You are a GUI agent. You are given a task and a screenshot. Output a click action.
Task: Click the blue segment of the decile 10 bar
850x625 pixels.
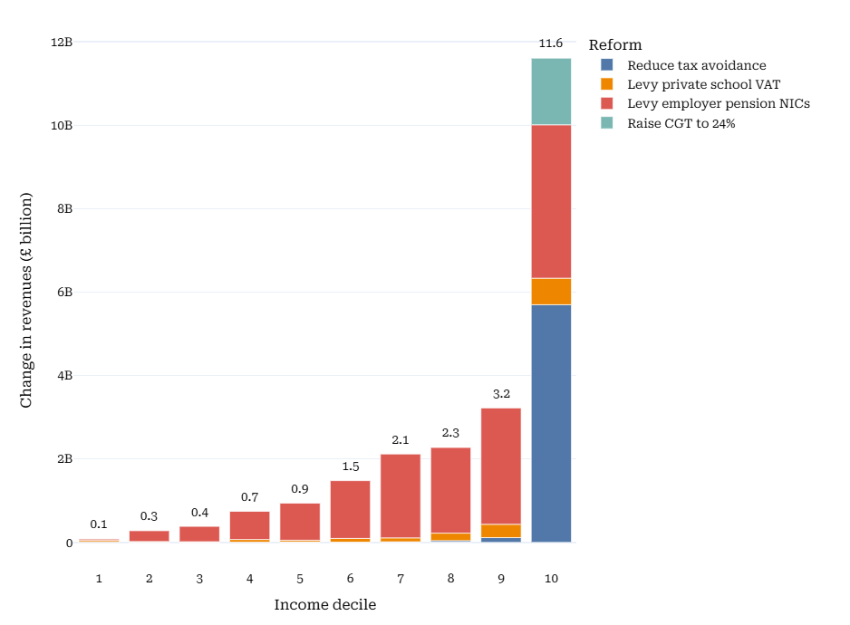pos(551,423)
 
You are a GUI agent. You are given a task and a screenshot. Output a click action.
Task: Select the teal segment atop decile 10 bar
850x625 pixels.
pos(551,91)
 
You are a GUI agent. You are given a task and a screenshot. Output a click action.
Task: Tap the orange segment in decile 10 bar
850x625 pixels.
pos(551,292)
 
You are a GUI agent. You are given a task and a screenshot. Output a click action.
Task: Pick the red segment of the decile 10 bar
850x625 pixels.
pos(551,201)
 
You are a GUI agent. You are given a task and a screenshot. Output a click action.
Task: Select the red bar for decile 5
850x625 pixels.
pos(300,521)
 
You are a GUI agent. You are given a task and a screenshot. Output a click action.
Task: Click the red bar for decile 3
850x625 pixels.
pos(199,534)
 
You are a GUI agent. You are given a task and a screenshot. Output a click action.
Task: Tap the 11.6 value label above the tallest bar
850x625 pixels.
pos(551,43)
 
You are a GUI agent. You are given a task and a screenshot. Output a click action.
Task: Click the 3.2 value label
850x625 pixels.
pos(501,394)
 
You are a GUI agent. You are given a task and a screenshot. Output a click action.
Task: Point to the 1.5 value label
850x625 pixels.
pos(351,466)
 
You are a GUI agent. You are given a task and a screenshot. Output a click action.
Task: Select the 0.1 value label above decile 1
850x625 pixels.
pos(99,524)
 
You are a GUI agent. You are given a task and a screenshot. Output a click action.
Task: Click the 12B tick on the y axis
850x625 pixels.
pos(62,42)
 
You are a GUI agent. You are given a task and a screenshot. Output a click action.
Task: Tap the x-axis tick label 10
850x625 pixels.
pos(551,578)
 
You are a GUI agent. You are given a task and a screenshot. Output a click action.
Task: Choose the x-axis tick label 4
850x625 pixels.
pos(250,578)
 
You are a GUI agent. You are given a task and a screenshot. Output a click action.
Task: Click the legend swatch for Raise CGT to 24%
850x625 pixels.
pos(607,123)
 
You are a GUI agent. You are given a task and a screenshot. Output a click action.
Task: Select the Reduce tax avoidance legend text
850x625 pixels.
pos(696,65)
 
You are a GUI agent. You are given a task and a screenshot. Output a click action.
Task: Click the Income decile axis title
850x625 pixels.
pos(324,604)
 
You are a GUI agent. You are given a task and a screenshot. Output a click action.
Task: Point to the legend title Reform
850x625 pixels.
pos(614,45)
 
